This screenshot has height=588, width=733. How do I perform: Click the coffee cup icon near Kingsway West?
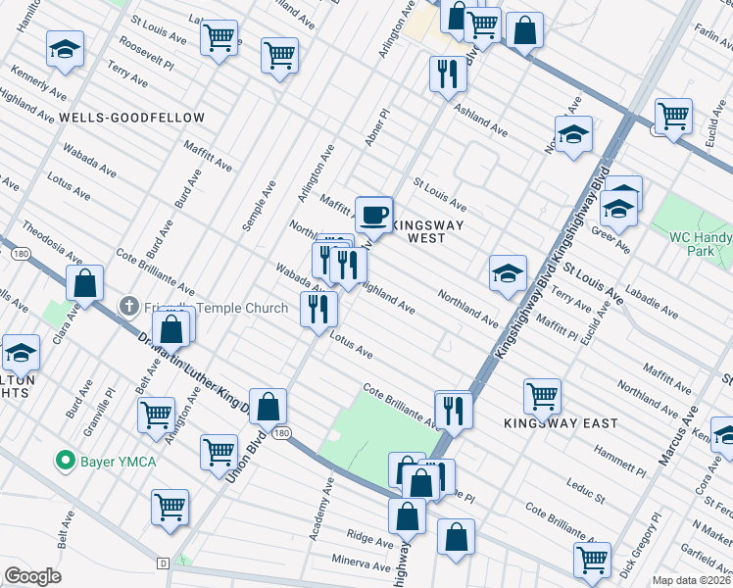click(x=372, y=213)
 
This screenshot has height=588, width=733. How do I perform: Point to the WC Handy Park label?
click(x=700, y=244)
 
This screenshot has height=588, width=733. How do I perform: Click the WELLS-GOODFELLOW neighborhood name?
click(x=131, y=118)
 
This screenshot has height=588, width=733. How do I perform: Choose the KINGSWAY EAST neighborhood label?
click(x=561, y=423)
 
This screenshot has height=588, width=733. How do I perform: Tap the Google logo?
click(x=32, y=576)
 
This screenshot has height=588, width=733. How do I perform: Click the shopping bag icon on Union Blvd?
click(x=268, y=405)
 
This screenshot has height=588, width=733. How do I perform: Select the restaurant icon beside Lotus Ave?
click(x=318, y=310)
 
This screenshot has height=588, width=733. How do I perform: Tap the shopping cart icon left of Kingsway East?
click(x=542, y=395)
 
